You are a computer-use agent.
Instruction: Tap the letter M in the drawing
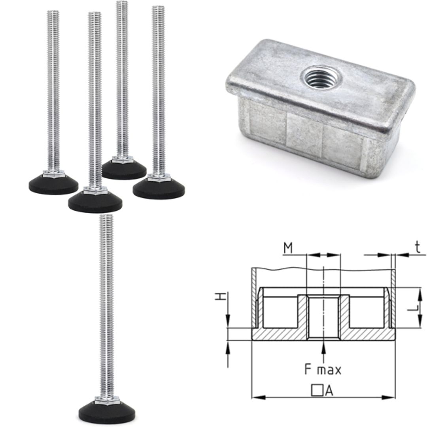pyautogui.click(x=288, y=248)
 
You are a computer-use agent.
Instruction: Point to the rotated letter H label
pyautogui.click(x=220, y=297)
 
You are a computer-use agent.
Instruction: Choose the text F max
pyautogui.click(x=323, y=370)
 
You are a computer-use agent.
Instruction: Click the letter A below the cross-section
pyautogui.click(x=329, y=391)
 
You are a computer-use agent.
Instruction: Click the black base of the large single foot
pyautogui.click(x=107, y=412)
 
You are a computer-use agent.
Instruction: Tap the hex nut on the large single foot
pyautogui.click(x=107, y=399)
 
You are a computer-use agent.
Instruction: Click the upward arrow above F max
pyautogui.click(x=324, y=348)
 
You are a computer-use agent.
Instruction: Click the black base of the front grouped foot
pyautogui.click(x=95, y=202)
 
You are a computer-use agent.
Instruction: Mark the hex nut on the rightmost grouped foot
pyautogui.click(x=159, y=178)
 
